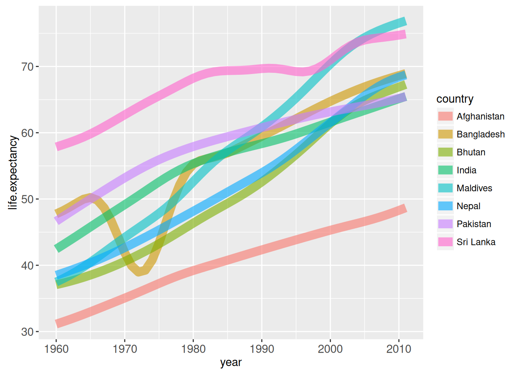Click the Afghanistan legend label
(480, 116)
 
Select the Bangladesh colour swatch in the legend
(445, 134)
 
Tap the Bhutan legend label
(471, 152)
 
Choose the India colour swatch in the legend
(445, 170)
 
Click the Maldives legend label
(474, 188)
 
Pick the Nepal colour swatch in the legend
(445, 206)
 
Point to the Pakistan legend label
(474, 224)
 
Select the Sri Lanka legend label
(476, 242)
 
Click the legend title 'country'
(455, 99)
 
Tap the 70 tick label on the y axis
(28, 67)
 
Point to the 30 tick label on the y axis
(28, 332)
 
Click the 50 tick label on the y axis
(28, 199)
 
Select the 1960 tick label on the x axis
(57, 349)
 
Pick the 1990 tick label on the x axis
(262, 349)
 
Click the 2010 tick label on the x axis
(398, 349)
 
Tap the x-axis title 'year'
(231, 362)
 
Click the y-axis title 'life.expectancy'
(13, 173)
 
